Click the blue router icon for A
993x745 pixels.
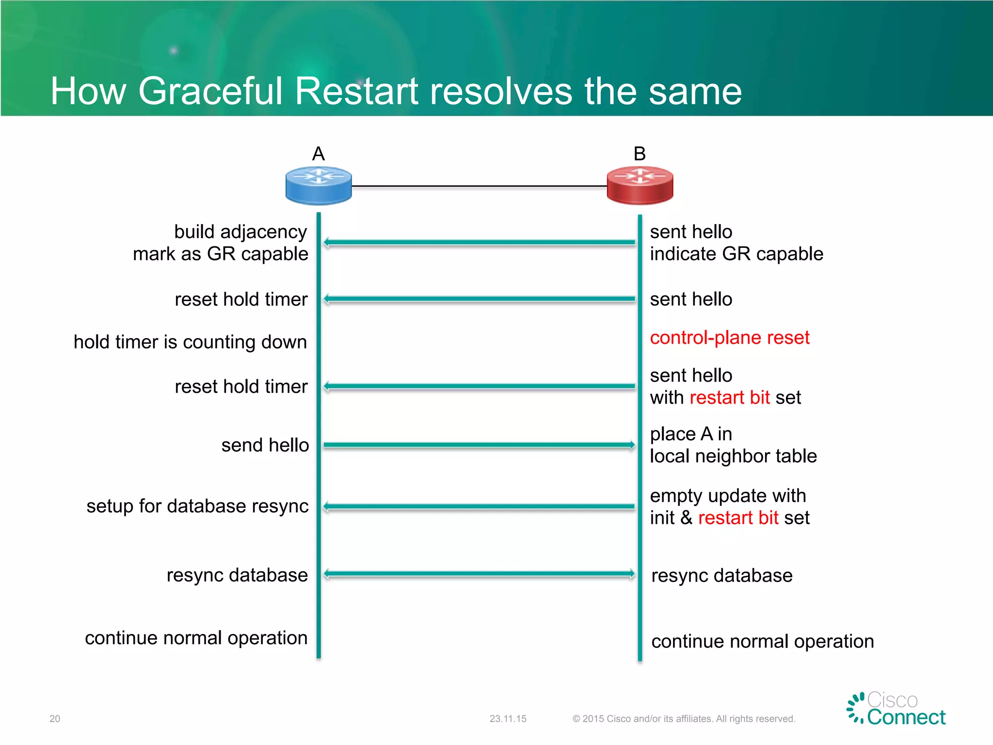click(319, 185)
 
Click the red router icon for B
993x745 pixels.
click(640, 185)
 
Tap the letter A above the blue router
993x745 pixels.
click(318, 154)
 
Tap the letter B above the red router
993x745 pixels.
click(640, 154)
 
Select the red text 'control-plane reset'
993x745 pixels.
click(729, 338)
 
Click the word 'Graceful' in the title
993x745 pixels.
click(210, 91)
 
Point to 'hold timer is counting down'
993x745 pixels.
click(190, 342)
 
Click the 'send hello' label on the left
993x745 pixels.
click(265, 445)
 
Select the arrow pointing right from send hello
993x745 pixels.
click(479, 445)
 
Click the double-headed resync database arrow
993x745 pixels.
click(479, 574)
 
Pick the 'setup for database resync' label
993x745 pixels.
click(197, 506)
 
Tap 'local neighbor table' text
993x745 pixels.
click(733, 456)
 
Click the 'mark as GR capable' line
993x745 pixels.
click(221, 254)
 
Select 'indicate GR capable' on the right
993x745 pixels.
click(736, 254)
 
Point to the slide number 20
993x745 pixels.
click(55, 719)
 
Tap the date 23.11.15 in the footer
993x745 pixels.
click(508, 719)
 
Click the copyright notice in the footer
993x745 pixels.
click(684, 719)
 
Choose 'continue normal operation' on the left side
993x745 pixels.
click(196, 638)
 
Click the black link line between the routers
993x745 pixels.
click(479, 186)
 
